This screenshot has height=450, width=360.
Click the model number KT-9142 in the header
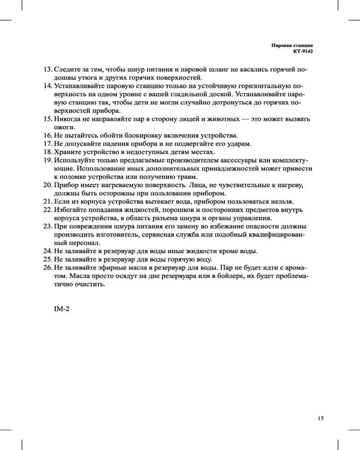tap(303, 52)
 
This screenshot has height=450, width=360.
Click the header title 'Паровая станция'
tap(292, 46)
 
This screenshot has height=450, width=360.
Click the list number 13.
tap(47, 70)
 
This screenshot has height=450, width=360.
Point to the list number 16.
tap(47, 135)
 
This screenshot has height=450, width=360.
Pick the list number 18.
tap(47, 152)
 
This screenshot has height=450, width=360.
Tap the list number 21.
tap(47, 201)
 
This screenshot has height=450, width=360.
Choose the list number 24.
tap(47, 250)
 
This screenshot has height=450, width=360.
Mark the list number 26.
tap(47, 267)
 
